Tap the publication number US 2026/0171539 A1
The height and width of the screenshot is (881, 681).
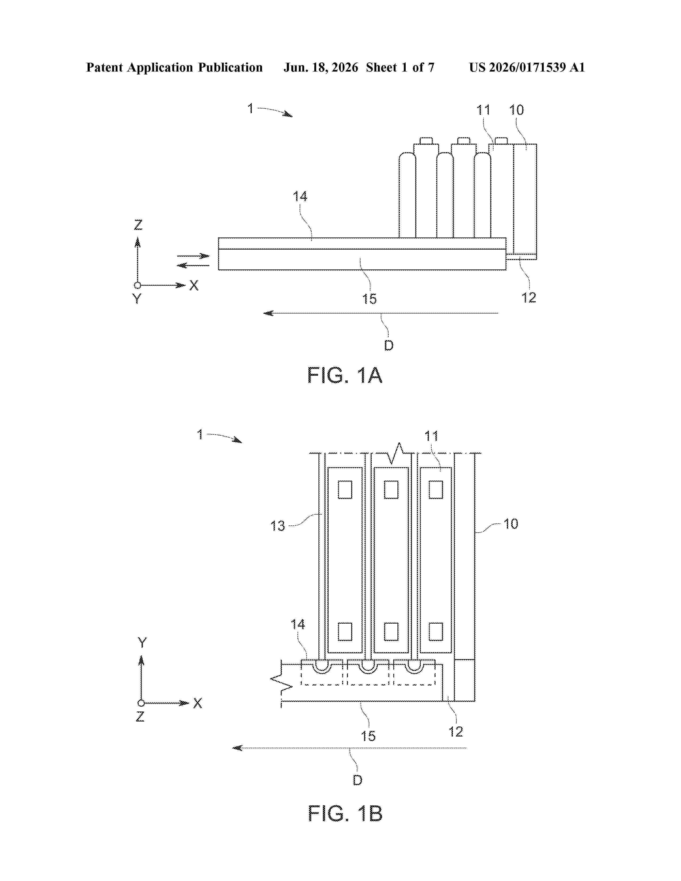coord(527,67)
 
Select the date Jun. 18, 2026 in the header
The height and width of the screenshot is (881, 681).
coord(321,67)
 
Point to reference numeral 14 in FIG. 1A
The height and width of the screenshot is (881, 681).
coord(300,196)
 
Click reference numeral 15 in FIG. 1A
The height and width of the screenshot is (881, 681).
coord(369,299)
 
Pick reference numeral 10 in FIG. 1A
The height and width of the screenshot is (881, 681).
coord(516,110)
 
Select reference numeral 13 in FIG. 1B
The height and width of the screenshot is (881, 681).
coord(277,526)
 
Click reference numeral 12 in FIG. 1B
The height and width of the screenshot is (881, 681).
coord(456,732)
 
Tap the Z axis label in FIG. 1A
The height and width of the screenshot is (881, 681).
coord(138,225)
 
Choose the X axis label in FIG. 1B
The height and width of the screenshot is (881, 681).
coord(197,703)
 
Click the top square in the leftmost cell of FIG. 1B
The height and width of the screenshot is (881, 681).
coord(345,490)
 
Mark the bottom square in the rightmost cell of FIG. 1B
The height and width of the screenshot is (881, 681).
coord(436,632)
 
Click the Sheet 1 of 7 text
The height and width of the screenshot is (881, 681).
coord(400,67)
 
